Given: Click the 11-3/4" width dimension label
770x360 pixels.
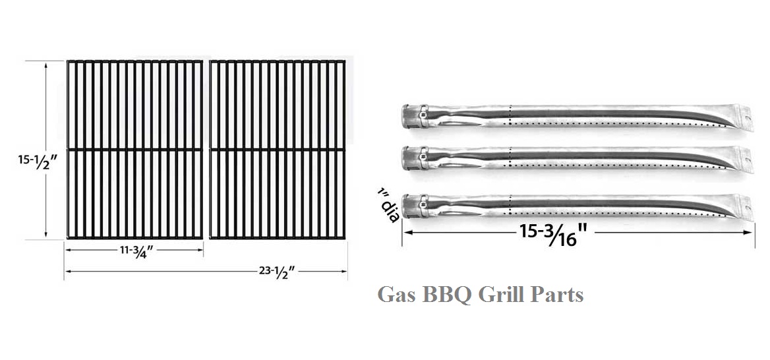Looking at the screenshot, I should pyautogui.click(x=133, y=251).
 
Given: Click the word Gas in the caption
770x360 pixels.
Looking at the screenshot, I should pyautogui.click(x=396, y=294).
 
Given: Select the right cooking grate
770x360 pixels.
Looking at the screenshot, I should pyautogui.click(x=278, y=150).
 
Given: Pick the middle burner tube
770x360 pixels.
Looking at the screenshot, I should pyautogui.click(x=574, y=159).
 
